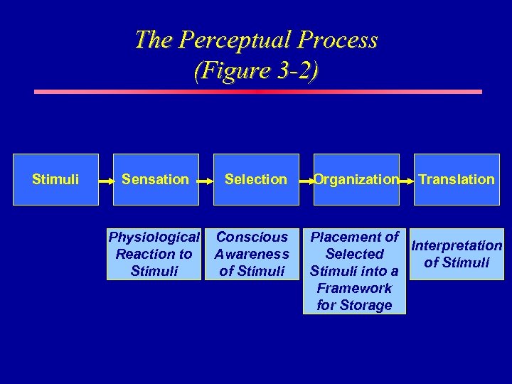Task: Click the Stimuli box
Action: (55, 179)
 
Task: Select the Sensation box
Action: (155, 179)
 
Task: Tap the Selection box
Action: (256, 179)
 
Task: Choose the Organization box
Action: (356, 179)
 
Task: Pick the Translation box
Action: (457, 179)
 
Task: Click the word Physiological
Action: (154, 237)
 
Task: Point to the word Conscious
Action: (252, 237)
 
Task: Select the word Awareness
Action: (252, 254)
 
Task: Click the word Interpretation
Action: (457, 246)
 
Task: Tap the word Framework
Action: (354, 288)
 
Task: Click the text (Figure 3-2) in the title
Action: (256, 71)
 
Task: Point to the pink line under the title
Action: (258, 92)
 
